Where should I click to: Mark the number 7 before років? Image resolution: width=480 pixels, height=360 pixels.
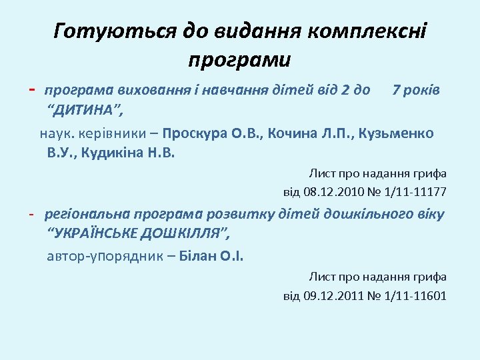coord(397,89)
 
